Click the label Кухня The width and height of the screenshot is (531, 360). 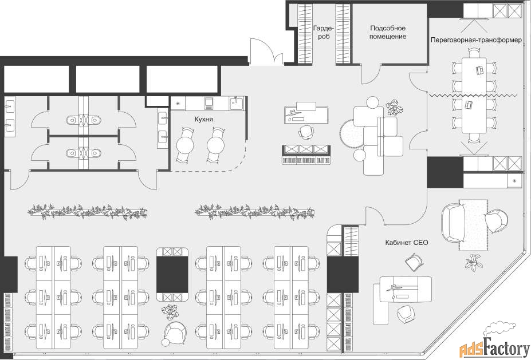click(x=203, y=120)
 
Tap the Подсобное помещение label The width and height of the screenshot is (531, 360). click(x=388, y=32)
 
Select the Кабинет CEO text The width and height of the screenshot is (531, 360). click(x=406, y=243)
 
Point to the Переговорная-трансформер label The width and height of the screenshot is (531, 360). click(x=476, y=40)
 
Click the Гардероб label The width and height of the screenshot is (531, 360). click(x=324, y=32)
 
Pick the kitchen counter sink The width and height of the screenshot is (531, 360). click(x=235, y=102)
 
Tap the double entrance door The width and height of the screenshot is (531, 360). click(x=266, y=52)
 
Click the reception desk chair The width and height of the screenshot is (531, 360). click(x=306, y=132)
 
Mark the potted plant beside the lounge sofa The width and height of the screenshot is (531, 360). click(x=395, y=107)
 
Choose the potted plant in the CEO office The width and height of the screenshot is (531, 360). click(x=474, y=262)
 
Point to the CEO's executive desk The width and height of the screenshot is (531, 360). click(x=406, y=289)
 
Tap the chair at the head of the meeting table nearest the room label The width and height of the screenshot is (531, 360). click(x=474, y=53)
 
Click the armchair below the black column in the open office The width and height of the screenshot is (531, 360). click(x=175, y=333)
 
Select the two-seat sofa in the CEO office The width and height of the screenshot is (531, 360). click(x=453, y=222)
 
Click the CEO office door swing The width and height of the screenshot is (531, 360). click(x=374, y=216)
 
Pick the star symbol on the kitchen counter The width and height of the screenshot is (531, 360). click(x=178, y=104)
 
